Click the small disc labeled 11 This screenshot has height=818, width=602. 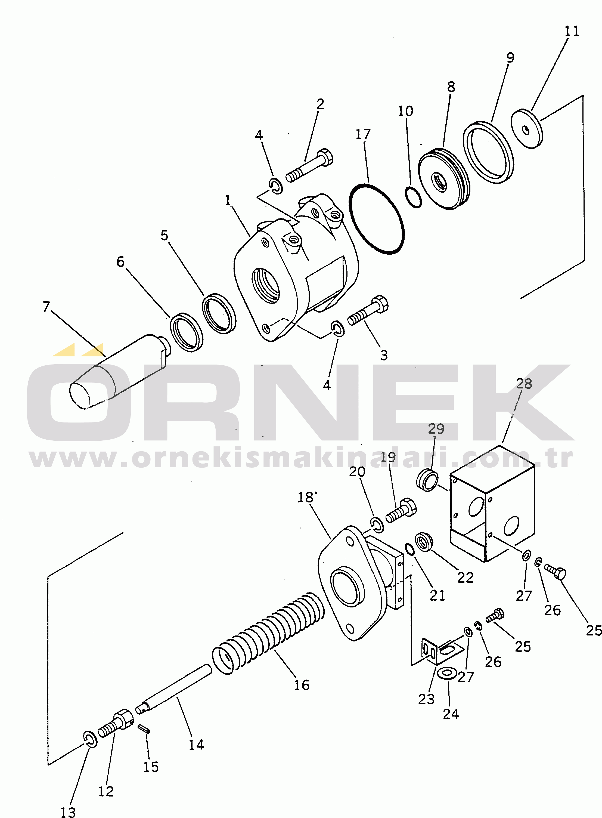(527, 129)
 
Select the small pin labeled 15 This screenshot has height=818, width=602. (144, 728)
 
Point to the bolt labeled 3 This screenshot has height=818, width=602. (368, 310)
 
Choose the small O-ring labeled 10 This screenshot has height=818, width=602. (413, 197)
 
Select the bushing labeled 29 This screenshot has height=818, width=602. (427, 480)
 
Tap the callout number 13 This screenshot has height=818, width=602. (68, 812)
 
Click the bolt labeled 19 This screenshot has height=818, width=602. (401, 510)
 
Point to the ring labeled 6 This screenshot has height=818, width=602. (187, 332)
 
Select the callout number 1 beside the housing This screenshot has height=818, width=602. (228, 200)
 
